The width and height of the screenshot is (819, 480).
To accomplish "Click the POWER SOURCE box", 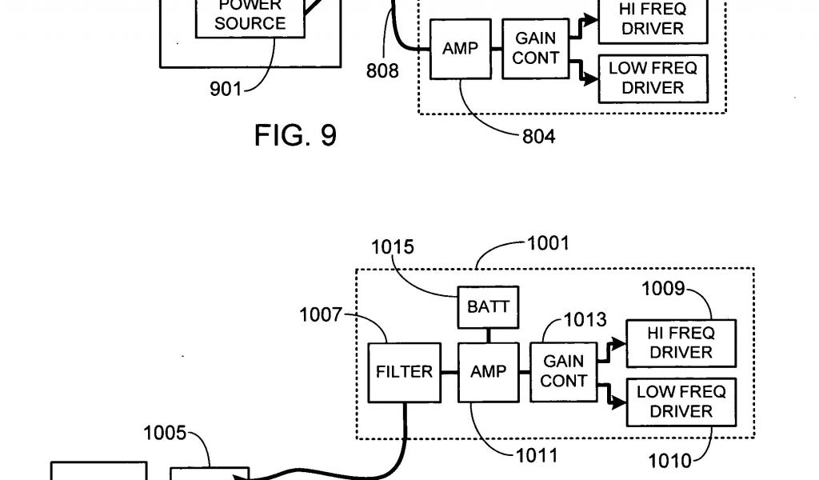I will tap(250, 18).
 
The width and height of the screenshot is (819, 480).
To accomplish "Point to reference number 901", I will tap(226, 89).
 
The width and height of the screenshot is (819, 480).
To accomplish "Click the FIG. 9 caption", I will tap(295, 135).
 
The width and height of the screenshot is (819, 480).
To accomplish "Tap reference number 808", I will tap(382, 71).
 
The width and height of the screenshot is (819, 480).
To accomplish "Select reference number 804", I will tap(538, 136).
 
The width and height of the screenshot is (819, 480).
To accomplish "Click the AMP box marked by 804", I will tap(460, 49).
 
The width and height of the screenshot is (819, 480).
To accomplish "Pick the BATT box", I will tap(488, 306).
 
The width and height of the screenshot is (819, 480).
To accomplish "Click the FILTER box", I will tap(404, 372).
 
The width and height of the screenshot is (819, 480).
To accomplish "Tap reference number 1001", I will tap(548, 243).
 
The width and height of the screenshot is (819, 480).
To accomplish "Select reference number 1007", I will tap(322, 314).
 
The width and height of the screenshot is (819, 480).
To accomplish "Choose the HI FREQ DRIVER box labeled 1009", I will tap(681, 342).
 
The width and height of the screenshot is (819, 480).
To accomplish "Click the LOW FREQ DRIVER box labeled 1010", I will tap(681, 402).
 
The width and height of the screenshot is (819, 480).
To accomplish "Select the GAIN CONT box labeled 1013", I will tap(563, 371).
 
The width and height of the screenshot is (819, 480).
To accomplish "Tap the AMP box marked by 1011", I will tap(488, 372).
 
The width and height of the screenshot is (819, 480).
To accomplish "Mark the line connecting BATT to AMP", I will tap(488, 335).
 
